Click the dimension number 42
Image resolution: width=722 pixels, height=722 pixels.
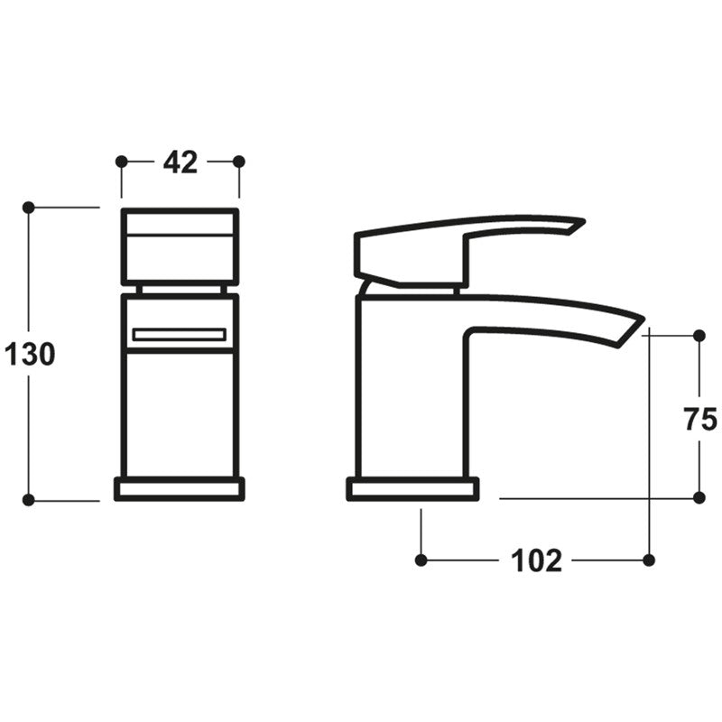click(180, 162)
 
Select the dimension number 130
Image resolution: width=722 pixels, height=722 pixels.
click(30, 355)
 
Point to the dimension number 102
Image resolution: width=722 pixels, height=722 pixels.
click(536, 560)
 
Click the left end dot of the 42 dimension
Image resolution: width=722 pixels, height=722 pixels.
click(122, 162)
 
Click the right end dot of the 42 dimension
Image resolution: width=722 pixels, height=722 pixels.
click(239, 162)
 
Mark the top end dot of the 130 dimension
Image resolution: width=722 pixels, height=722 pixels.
click(28, 208)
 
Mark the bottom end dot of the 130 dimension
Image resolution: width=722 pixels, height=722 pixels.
click(28, 500)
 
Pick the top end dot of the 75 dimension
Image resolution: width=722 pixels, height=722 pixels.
click(699, 336)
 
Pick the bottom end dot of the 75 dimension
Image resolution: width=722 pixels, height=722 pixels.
click(699, 497)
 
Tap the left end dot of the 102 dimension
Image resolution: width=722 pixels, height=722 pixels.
click(421, 560)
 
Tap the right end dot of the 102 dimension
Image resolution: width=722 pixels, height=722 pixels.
click(649, 560)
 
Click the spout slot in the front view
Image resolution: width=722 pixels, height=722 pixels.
click(179, 335)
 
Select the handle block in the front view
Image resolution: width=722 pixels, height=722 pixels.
click(180, 246)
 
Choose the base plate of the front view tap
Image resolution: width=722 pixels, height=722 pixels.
click(180, 488)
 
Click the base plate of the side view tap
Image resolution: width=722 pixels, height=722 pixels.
click(412, 488)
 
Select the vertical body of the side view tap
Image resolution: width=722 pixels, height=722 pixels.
click(411, 397)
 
